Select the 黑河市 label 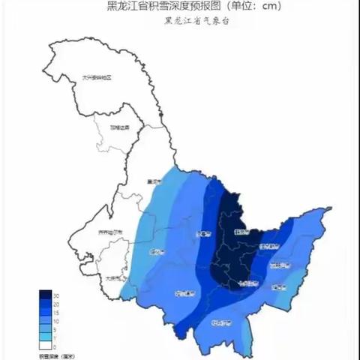156,181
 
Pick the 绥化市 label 157,251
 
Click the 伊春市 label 203,234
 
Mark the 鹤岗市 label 241,232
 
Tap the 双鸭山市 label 279,265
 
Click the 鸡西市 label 277,286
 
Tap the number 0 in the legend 56,346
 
